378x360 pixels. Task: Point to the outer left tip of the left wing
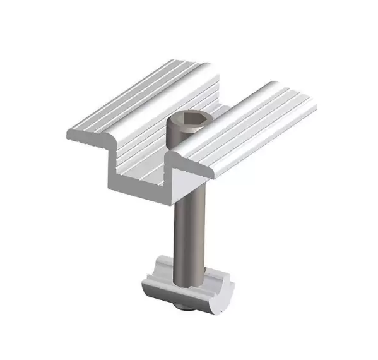coord(68,133)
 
